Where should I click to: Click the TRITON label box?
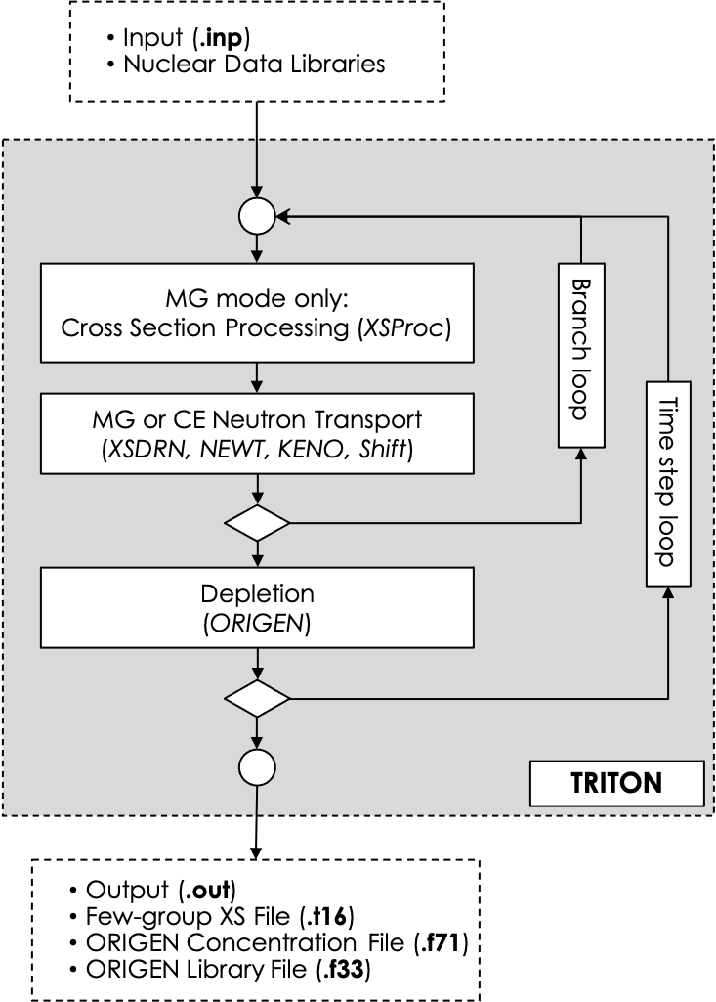click(615, 782)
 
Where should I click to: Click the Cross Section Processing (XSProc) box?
click(256, 312)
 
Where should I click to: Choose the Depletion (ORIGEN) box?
click(256, 607)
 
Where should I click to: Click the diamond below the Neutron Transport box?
click(257, 523)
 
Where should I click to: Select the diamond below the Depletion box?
click(257, 698)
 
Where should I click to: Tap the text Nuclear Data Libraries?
click(254, 65)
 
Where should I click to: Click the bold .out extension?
click(208, 891)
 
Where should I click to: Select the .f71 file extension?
click(451, 944)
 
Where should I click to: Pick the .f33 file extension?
click(347, 971)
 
